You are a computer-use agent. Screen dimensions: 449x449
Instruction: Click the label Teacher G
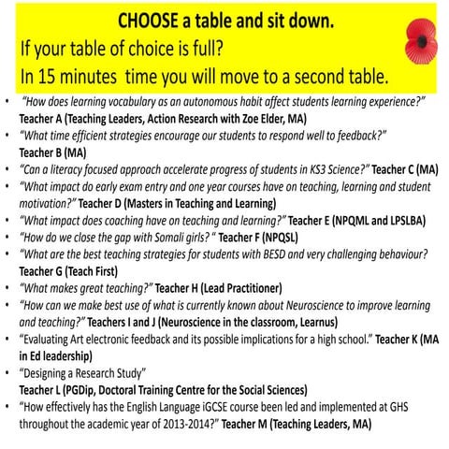[46, 270]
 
